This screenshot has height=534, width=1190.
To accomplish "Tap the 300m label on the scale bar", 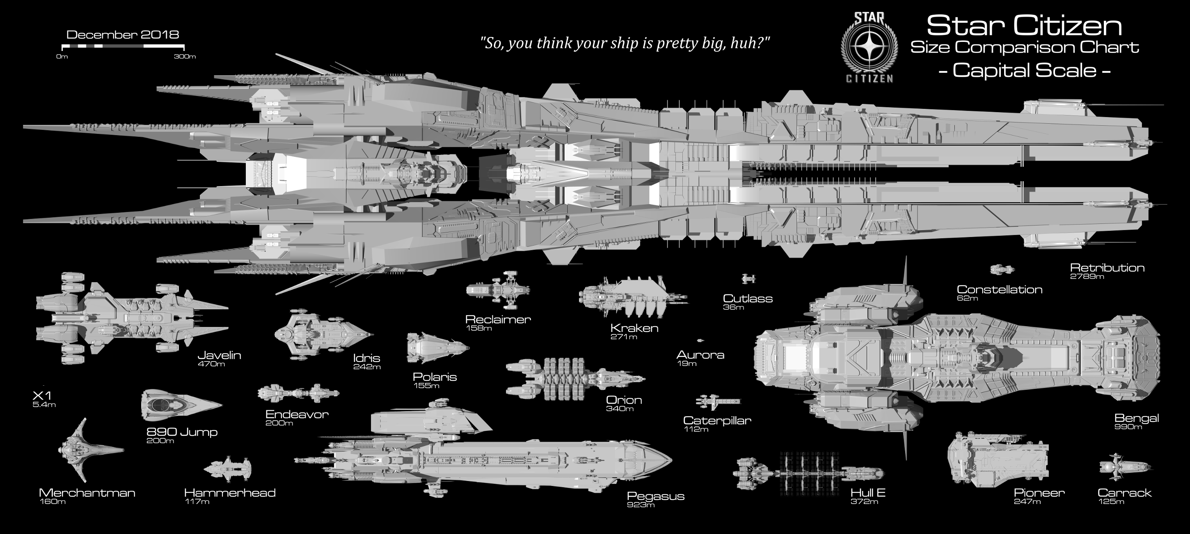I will click(x=185, y=57).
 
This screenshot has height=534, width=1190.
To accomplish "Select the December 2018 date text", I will click(x=123, y=35).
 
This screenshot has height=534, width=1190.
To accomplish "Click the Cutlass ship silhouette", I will click(x=748, y=279).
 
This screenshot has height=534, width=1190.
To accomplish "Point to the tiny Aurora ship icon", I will click(x=700, y=341).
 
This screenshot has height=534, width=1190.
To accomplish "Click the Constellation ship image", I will click(x=1002, y=269).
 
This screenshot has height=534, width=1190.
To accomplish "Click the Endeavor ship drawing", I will click(x=298, y=394).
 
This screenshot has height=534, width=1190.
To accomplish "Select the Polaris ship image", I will click(x=437, y=348).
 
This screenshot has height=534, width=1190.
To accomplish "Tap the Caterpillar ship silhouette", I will click(x=717, y=402).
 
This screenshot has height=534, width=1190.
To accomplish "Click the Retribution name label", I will click(x=1107, y=268).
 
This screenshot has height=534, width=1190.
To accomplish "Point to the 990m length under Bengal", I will click(x=1128, y=427).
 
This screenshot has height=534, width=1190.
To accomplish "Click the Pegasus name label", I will click(x=655, y=496).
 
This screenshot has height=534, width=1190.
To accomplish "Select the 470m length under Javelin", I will click(x=211, y=364).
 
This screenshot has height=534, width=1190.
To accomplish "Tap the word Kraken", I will click(x=634, y=328).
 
